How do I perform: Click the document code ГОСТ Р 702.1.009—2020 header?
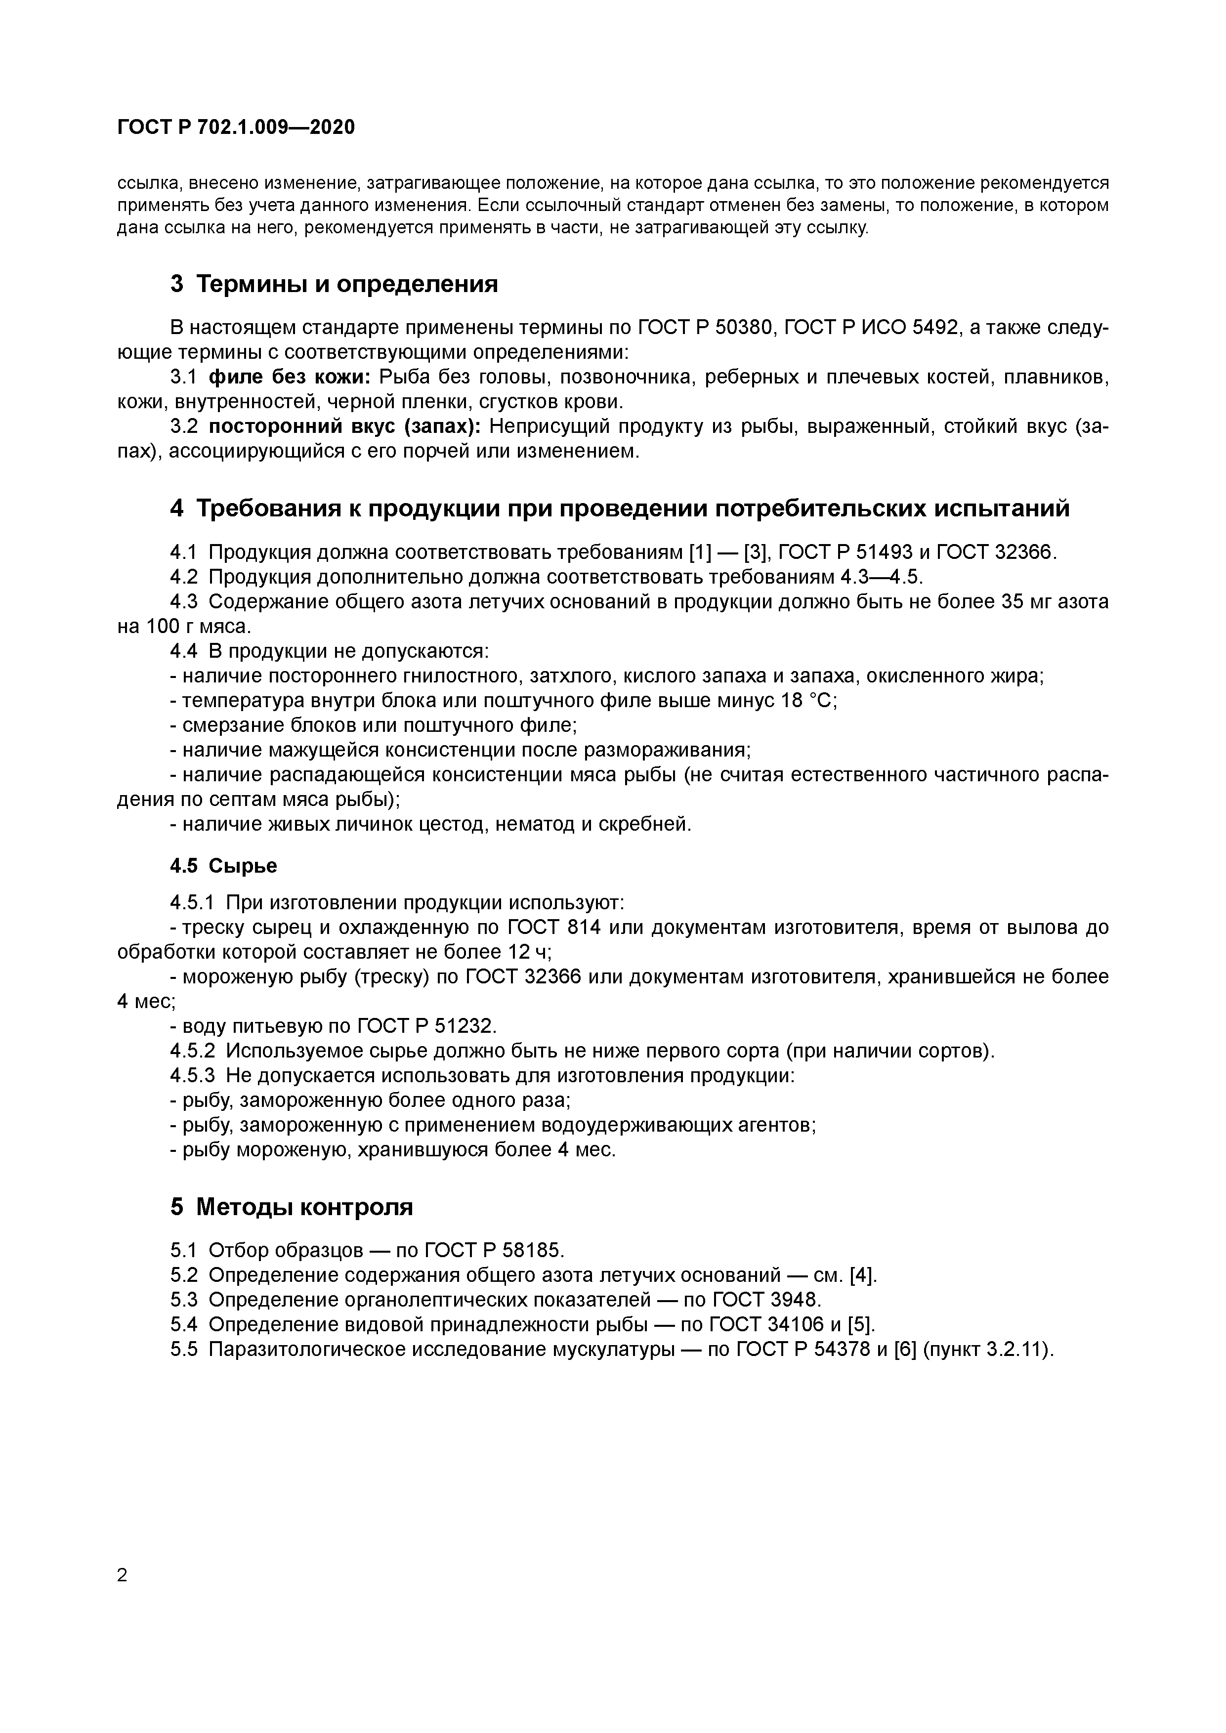tap(236, 127)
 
